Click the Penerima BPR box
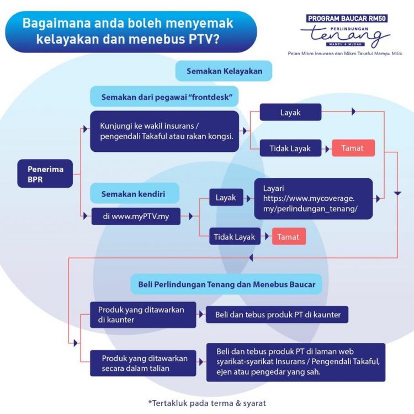[x=45, y=173]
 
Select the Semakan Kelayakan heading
[x=224, y=71]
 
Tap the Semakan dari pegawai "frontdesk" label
[x=164, y=97]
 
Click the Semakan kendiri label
[x=133, y=194]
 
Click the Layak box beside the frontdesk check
[x=290, y=112]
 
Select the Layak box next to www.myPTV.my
[x=226, y=197]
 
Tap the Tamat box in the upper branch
[x=353, y=148]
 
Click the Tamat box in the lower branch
[x=288, y=237]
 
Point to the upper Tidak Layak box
[x=290, y=148]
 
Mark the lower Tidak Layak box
[x=235, y=237]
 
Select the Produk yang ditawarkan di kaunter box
[x=143, y=315]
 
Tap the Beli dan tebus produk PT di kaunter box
[x=277, y=315]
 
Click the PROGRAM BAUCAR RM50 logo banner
[x=347, y=18]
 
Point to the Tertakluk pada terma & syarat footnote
[x=207, y=403]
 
